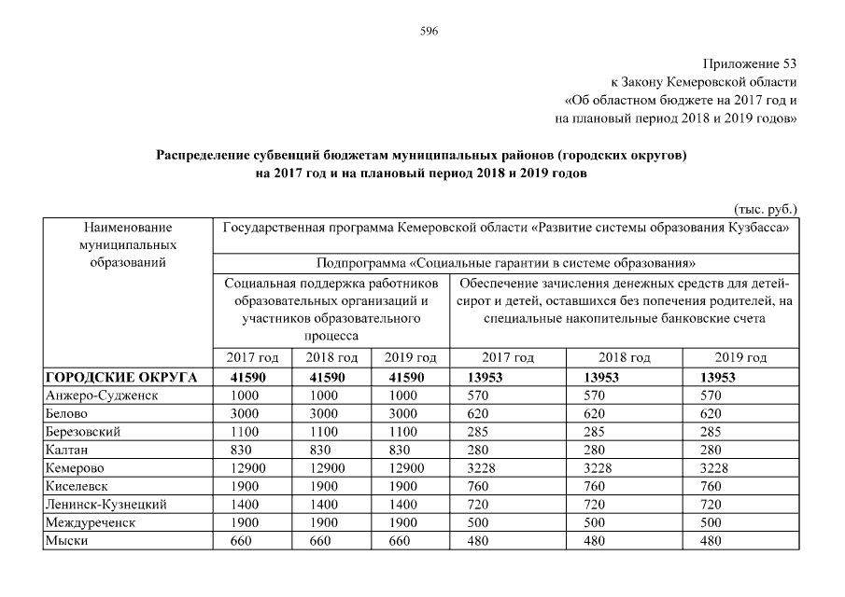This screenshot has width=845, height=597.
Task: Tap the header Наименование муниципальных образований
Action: pyautogui.click(x=128, y=244)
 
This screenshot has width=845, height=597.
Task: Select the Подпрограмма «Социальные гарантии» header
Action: pyautogui.click(x=505, y=263)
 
